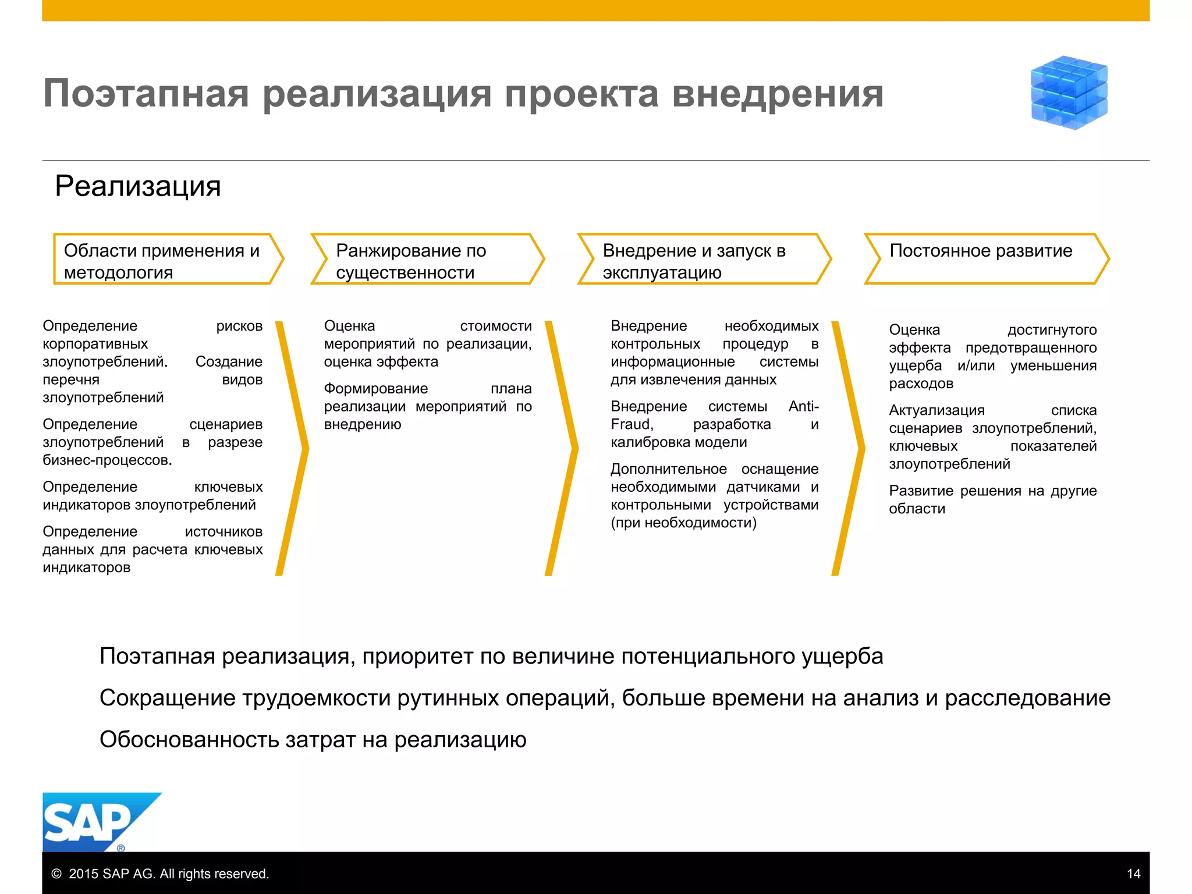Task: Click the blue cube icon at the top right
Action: click(x=1069, y=92)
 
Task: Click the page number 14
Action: click(x=1133, y=874)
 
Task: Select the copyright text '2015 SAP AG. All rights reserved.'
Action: click(x=168, y=874)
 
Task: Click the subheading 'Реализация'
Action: click(x=138, y=186)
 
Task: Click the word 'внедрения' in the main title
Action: click(x=778, y=94)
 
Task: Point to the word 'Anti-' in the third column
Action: click(x=803, y=406)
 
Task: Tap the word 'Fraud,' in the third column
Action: click(x=632, y=424)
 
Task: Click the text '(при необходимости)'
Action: click(x=683, y=523)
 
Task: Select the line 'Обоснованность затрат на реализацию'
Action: click(x=313, y=740)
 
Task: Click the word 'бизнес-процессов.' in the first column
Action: click(x=107, y=460)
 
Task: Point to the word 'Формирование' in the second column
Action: click(x=375, y=389)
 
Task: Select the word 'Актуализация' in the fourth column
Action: click(x=936, y=410)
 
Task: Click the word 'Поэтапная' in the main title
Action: click(x=146, y=94)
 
